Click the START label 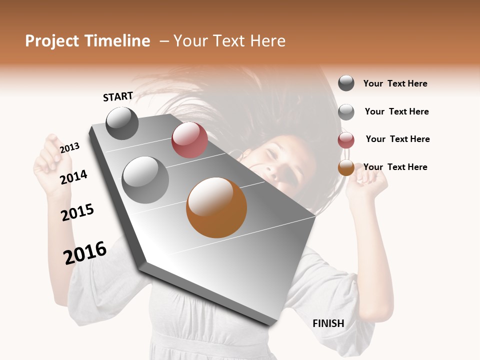pos(118,96)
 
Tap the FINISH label pos(328,323)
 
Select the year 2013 pos(69,148)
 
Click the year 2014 pos(74,177)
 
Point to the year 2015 pos(77,212)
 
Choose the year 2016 pos(85,253)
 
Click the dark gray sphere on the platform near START pos(122,123)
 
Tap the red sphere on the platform pos(189,140)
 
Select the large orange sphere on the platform pos(216,207)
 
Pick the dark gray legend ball pos(346,83)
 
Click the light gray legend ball pos(346,112)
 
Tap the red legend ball pos(346,140)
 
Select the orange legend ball pos(346,167)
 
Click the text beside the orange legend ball pos(395,167)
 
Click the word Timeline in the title pos(117,41)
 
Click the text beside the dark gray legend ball pos(395,83)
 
